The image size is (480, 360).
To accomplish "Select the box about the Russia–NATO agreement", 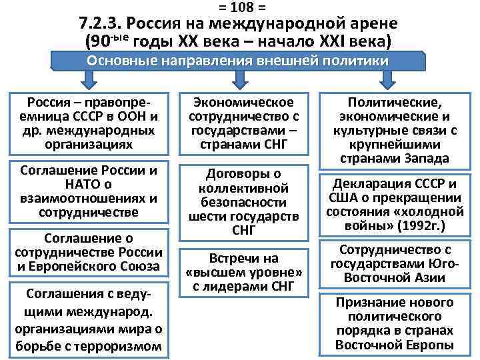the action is (x=89, y=191).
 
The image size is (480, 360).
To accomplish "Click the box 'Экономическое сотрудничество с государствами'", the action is (x=243, y=123).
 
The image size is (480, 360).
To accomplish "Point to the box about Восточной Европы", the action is (x=395, y=323).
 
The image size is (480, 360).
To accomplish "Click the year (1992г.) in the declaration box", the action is (x=422, y=225).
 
